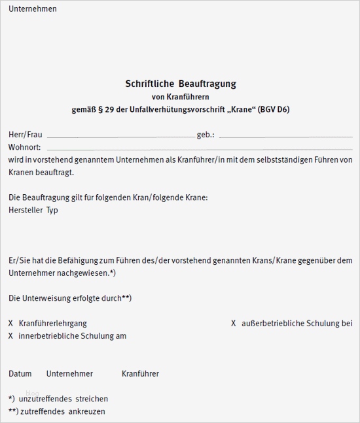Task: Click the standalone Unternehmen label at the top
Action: pos(33,9)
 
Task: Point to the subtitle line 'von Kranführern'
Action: pos(180,97)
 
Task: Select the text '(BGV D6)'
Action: pos(273,109)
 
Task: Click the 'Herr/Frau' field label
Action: pos(26,135)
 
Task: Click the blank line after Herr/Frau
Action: pos(120,137)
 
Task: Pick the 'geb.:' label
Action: pos(206,135)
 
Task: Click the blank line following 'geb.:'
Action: pos(285,137)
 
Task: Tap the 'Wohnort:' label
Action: pos(25,147)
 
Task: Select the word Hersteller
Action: pos(26,211)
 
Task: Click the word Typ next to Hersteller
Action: pos(52,211)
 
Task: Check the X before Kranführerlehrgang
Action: pos(11,324)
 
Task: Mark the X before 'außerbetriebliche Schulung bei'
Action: pos(234,324)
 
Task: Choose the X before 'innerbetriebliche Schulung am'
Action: pos(11,336)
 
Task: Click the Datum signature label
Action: pos(20,374)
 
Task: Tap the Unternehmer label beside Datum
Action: pos(69,374)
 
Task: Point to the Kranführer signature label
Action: pos(140,374)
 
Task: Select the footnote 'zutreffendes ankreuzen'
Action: pos(62,411)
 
